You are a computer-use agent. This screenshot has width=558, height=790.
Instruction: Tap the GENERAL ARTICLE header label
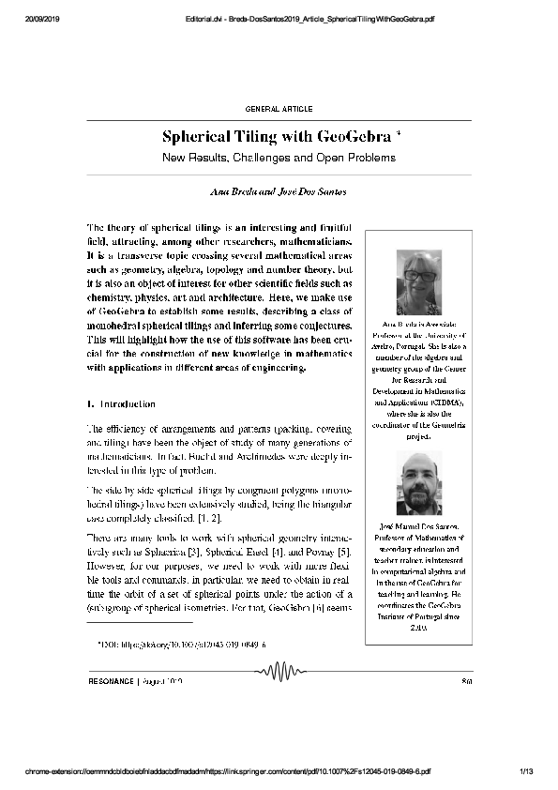279,110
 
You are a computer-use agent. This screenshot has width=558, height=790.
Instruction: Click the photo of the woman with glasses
418,282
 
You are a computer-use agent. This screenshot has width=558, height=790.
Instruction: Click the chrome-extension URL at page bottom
225,771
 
